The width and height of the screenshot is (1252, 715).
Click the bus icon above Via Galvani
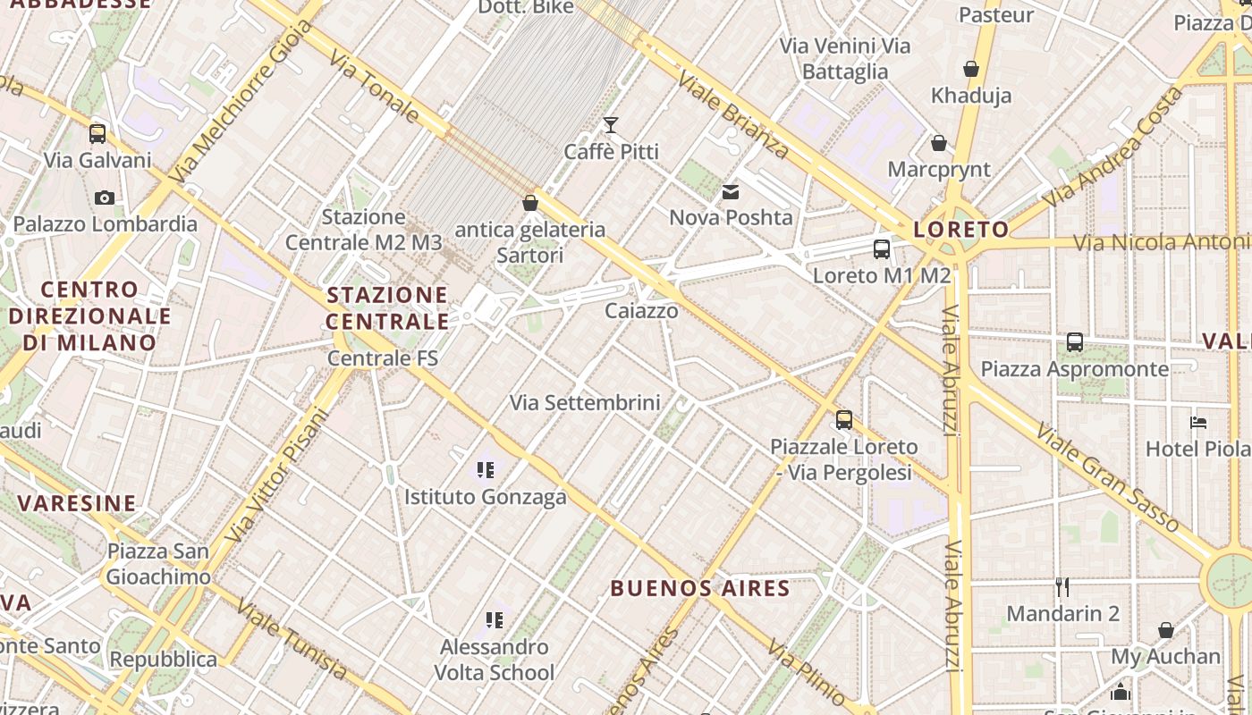click(x=97, y=134)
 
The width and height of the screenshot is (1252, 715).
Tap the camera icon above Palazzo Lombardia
click(x=105, y=198)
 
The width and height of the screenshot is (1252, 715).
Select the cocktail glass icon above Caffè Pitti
click(x=611, y=124)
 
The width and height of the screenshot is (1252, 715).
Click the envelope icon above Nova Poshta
click(x=731, y=191)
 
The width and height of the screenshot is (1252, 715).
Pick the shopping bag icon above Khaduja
click(x=971, y=69)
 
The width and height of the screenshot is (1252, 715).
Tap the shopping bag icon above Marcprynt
click(x=939, y=143)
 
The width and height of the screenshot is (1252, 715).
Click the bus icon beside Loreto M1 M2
click(x=882, y=249)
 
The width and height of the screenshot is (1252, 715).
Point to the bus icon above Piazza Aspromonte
click(x=1075, y=342)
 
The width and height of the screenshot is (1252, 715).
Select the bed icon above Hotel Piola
click(x=1198, y=422)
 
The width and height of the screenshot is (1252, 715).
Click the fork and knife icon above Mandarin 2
click(x=1062, y=587)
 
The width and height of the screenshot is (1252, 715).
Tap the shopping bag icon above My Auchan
click(x=1165, y=630)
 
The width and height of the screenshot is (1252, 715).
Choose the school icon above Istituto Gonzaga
click(x=486, y=469)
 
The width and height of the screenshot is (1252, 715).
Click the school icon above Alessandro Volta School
click(x=494, y=619)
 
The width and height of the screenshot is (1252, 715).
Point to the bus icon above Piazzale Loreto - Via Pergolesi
click(x=844, y=420)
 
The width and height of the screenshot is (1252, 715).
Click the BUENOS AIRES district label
click(x=700, y=588)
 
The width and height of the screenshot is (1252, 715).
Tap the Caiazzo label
click(x=641, y=311)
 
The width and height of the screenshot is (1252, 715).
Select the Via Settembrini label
click(x=585, y=402)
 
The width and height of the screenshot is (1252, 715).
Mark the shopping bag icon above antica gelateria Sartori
click(x=530, y=203)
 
